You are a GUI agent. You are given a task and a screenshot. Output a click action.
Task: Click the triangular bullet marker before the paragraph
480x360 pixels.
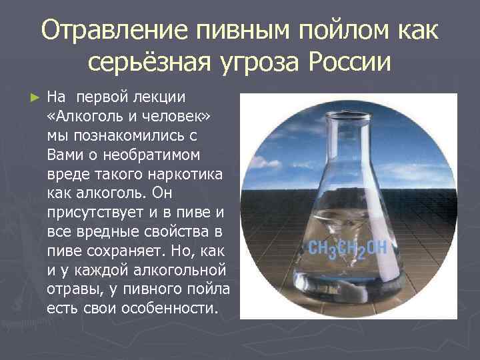pos(36,97)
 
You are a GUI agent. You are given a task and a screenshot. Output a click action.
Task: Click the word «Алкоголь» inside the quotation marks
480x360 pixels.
pos(90,117)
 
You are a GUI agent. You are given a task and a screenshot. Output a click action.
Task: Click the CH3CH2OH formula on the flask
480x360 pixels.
pos(347,248)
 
